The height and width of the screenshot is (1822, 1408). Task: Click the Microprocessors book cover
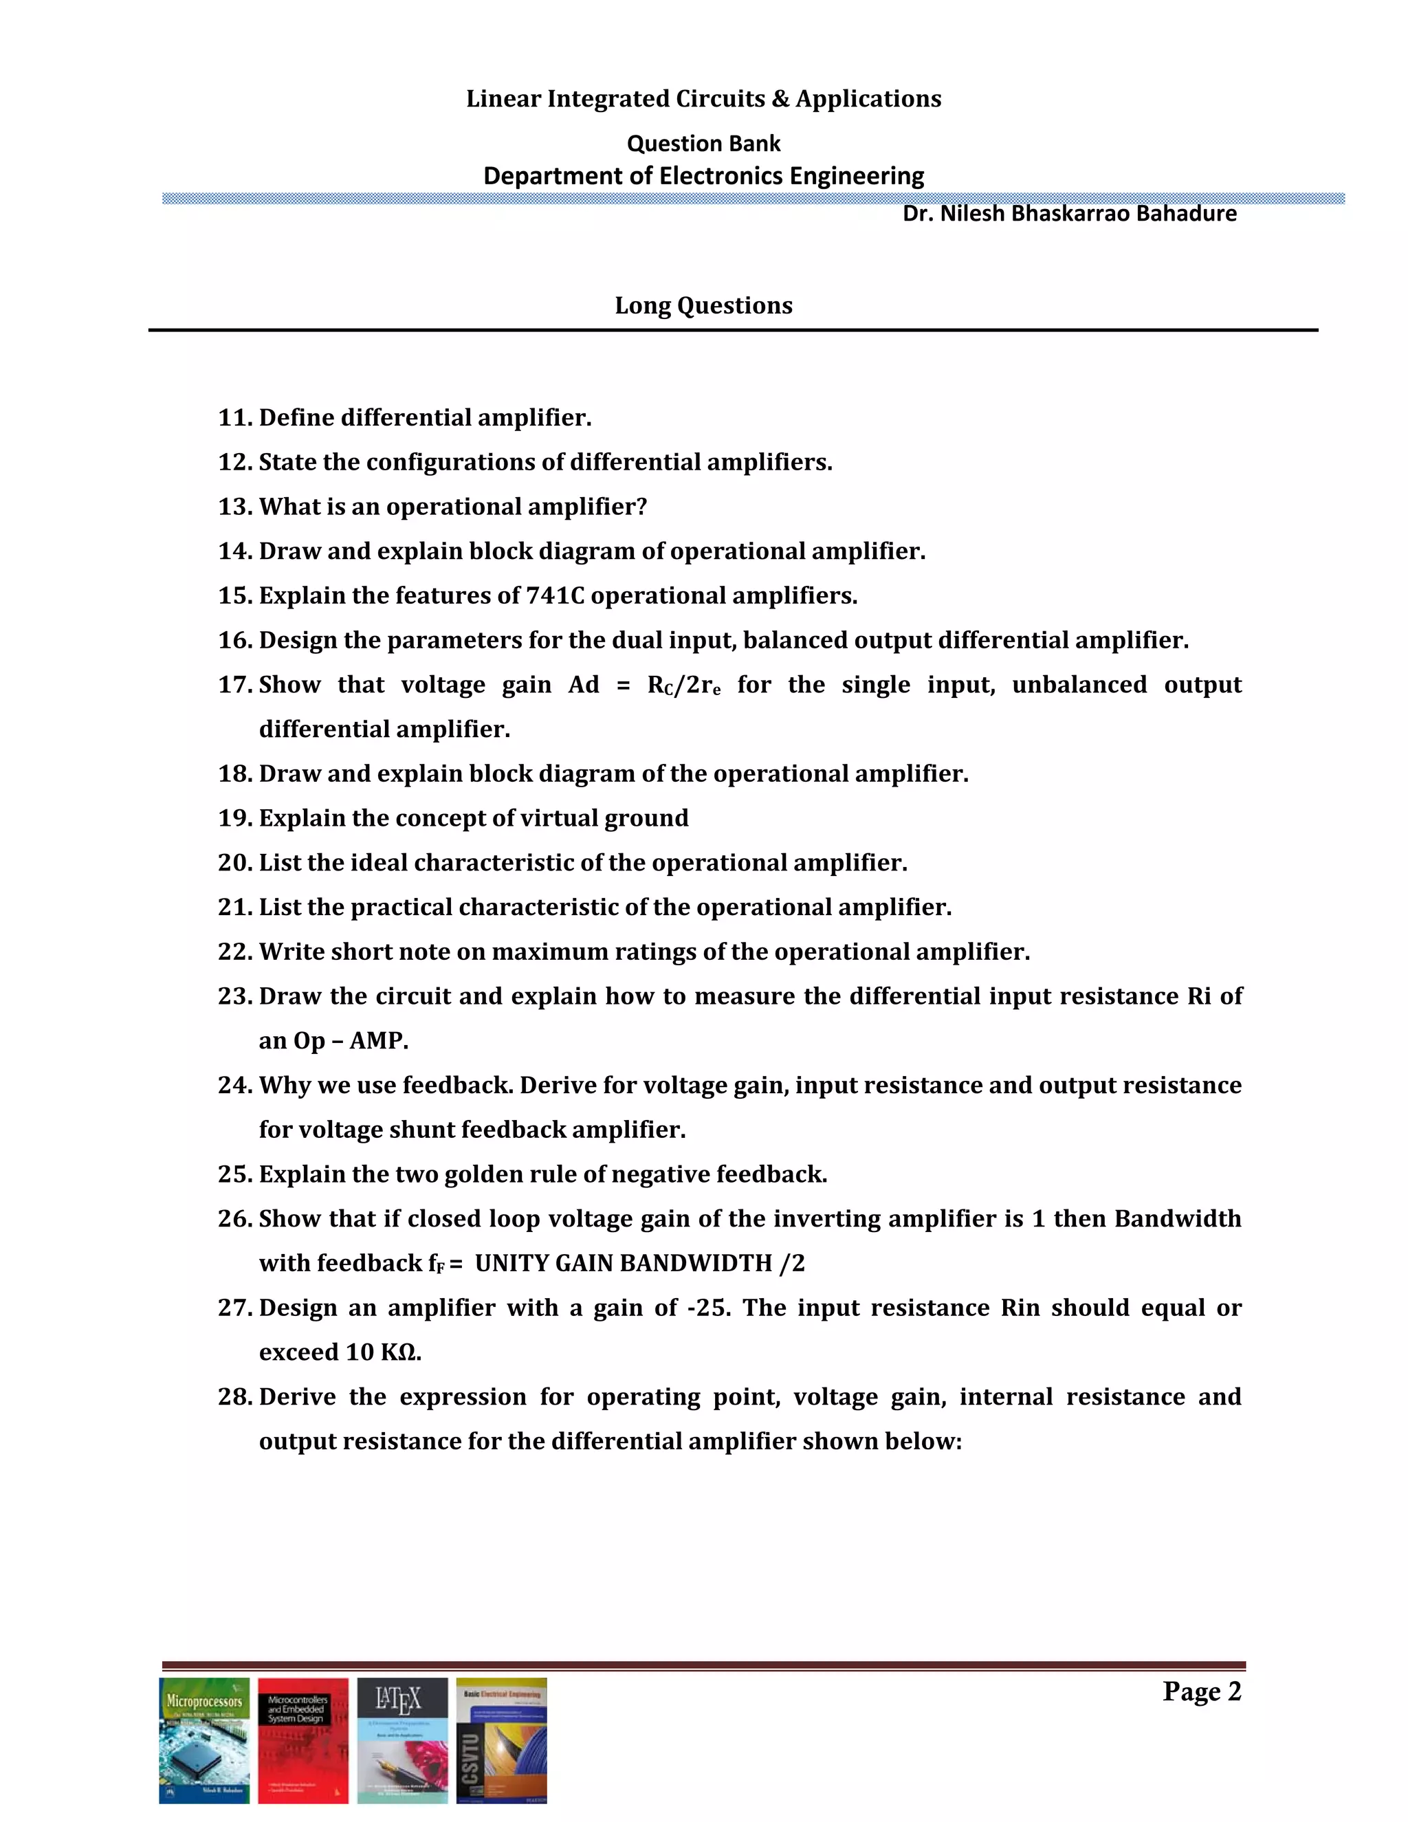tap(204, 1740)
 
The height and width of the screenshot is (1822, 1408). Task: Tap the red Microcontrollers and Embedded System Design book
tap(302, 1740)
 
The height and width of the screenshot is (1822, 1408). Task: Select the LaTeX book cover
tap(402, 1740)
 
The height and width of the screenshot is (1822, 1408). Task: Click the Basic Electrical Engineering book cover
tap(501, 1740)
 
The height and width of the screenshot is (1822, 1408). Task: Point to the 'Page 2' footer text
tap(1201, 1692)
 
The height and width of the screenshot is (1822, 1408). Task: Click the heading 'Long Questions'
tap(703, 305)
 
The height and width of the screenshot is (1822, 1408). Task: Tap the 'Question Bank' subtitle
tap(703, 144)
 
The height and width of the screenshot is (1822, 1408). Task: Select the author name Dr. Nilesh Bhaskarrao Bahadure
tap(1068, 214)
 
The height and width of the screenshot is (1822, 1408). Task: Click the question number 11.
tap(234, 418)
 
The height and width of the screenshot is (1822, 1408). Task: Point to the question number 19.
tap(234, 818)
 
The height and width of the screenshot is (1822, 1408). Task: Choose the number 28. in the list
tap(234, 1396)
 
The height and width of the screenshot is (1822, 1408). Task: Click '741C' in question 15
tap(555, 595)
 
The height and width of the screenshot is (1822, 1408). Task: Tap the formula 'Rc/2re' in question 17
tap(684, 685)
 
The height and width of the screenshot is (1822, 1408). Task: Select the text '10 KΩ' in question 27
tap(380, 1352)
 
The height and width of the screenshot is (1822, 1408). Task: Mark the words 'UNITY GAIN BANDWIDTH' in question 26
tap(623, 1264)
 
